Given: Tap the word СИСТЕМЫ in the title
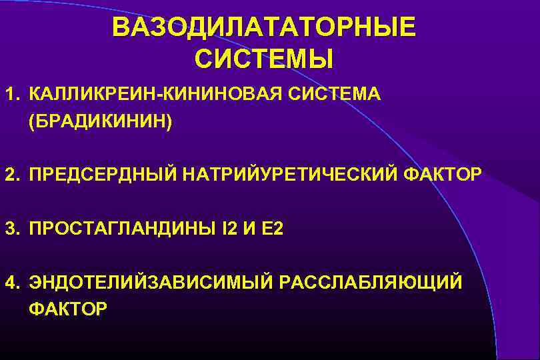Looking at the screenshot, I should (x=263, y=59).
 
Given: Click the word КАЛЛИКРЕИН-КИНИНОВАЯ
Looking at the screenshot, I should (x=157, y=93).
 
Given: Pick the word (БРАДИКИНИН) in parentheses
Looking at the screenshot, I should (x=100, y=121).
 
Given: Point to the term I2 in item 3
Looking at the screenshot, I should (x=228, y=229).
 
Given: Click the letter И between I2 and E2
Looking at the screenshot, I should (x=251, y=229).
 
